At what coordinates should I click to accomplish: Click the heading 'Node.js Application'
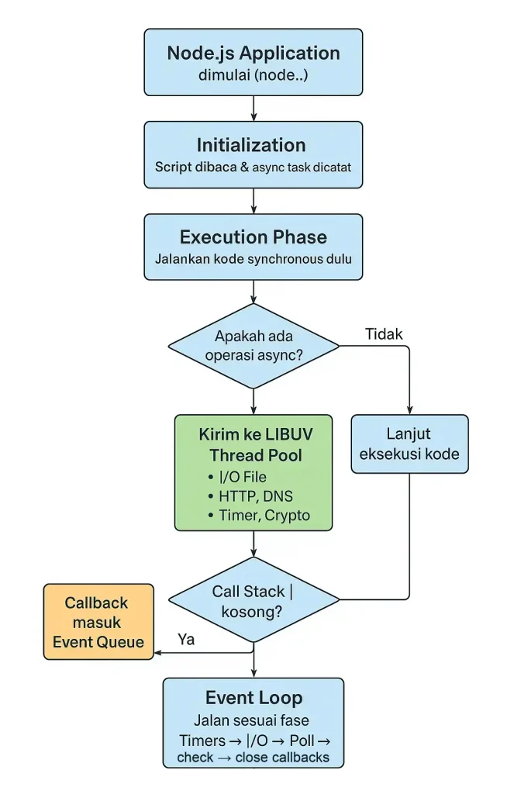[253, 54]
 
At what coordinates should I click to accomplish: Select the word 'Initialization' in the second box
[250, 145]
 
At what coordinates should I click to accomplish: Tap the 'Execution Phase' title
[253, 237]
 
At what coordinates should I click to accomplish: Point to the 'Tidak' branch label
[384, 333]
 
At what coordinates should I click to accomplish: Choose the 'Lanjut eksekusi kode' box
[409, 444]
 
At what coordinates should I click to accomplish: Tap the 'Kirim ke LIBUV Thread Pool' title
[254, 444]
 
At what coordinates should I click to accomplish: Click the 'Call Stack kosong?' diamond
[253, 601]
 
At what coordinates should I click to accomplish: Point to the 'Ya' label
[186, 640]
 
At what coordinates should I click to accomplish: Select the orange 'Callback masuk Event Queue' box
[98, 622]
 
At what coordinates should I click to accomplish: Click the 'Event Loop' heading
[253, 697]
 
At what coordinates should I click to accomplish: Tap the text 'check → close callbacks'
[253, 758]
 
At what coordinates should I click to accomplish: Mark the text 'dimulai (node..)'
[253, 76]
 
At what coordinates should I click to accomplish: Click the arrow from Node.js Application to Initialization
[253, 108]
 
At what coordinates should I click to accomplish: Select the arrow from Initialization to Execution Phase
[253, 201]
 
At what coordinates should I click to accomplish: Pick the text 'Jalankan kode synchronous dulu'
[253, 260]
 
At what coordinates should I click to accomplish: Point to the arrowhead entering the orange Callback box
[159, 653]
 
